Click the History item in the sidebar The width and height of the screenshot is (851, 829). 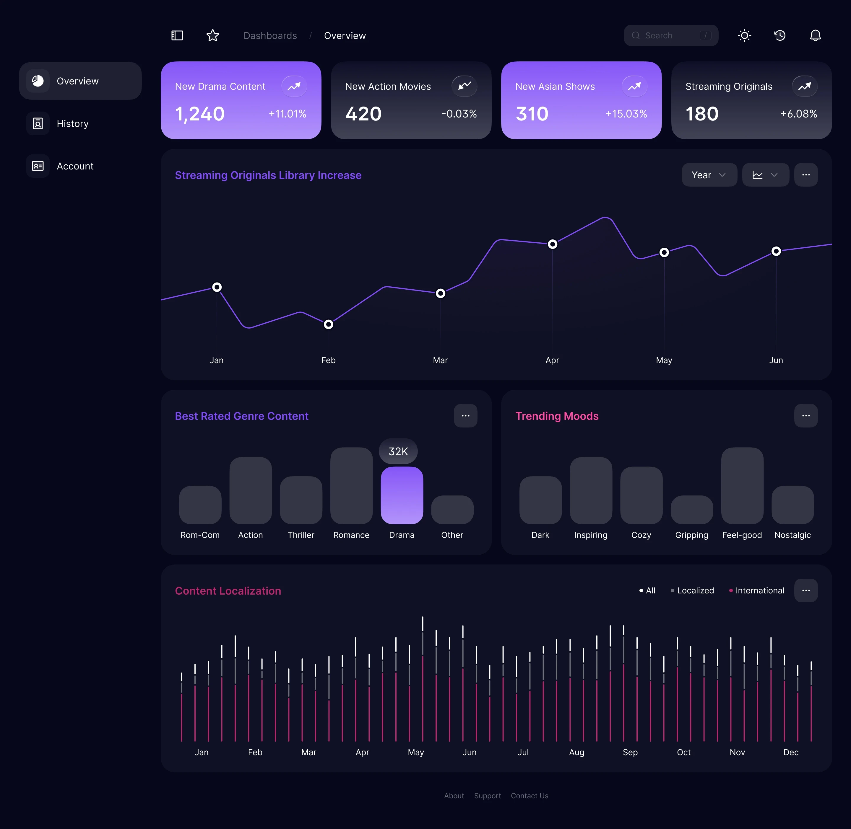[72, 124]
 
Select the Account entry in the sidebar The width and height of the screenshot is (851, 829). [75, 166]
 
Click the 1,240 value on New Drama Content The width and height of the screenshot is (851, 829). [200, 114]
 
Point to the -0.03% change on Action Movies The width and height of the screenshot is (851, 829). [459, 114]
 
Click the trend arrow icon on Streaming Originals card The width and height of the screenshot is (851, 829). [804, 86]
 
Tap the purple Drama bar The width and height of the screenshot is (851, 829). [402, 495]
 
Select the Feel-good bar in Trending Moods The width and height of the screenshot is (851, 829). [742, 485]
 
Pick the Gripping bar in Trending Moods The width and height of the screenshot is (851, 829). [691, 510]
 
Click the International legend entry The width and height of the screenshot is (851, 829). [759, 591]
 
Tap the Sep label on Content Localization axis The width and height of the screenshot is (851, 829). [630, 752]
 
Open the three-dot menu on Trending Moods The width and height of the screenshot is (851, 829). [806, 416]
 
